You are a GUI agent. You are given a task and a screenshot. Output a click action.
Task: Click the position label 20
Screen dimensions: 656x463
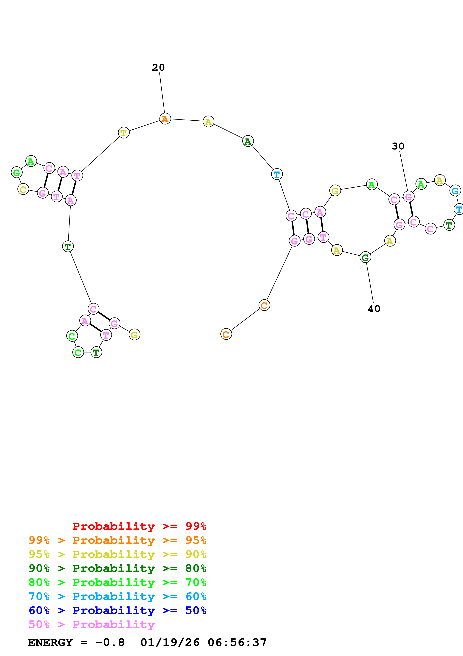[x=158, y=68]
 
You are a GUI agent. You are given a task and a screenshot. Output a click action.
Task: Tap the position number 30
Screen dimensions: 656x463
[x=398, y=146]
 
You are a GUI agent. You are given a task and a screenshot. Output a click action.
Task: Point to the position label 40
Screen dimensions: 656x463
[x=374, y=309]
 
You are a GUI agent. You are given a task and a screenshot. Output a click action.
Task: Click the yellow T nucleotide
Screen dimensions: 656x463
[x=123, y=133]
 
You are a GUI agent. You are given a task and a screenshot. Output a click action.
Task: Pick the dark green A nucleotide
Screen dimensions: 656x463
[x=248, y=141]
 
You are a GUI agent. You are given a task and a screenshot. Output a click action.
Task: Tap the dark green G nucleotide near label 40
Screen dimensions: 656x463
[x=365, y=258]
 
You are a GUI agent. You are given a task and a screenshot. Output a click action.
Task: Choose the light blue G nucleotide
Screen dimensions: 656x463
[x=455, y=190]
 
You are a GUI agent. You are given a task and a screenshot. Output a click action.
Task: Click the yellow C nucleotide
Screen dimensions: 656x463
[x=23, y=189]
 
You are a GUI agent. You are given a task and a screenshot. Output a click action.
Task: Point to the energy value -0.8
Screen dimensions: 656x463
[x=110, y=642]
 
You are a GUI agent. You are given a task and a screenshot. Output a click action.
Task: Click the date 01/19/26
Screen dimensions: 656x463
[x=170, y=642]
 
